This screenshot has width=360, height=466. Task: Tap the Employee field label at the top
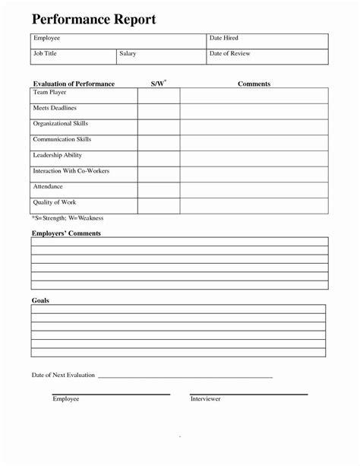pyautogui.click(x=46, y=37)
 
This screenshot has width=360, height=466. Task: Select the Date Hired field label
pyautogui.click(x=225, y=37)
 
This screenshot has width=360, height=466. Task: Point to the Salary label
pyautogui.click(x=128, y=53)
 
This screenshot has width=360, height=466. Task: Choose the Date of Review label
pyautogui.click(x=230, y=53)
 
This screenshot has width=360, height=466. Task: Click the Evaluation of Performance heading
pyautogui.click(x=74, y=83)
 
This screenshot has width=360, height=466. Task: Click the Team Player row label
pyautogui.click(x=51, y=92)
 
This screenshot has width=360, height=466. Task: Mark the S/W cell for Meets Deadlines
pyautogui.click(x=158, y=111)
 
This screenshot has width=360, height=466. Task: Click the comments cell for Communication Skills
pyautogui.click(x=254, y=142)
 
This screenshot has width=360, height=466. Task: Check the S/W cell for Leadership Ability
pyautogui.click(x=158, y=158)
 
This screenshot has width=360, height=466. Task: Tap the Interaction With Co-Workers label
pyautogui.click(x=71, y=171)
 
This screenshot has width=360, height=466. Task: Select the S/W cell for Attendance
pyautogui.click(x=158, y=190)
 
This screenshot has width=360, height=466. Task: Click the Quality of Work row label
pyautogui.click(x=55, y=202)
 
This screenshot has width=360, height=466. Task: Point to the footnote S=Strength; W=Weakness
pyautogui.click(x=67, y=218)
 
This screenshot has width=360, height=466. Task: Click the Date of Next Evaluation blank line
pyautogui.click(x=185, y=377)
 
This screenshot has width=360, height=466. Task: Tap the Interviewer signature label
pyautogui.click(x=205, y=399)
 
